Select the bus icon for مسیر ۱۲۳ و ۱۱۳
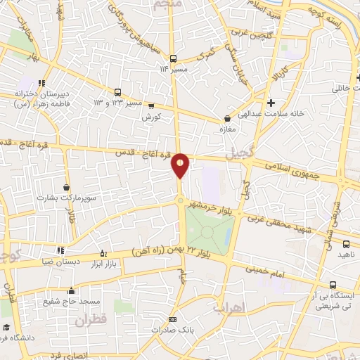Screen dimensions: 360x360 point(117,91)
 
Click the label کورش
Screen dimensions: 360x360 point(153,116)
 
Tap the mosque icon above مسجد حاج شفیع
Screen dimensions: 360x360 point(70,290)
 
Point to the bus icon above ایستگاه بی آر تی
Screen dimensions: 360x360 point(333,285)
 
